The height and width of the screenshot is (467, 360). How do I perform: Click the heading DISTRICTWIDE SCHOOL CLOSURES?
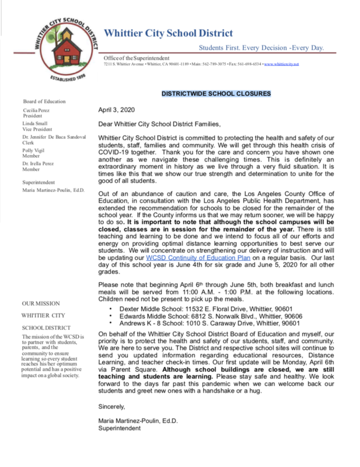point(216,94)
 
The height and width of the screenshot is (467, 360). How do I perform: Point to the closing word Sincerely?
point(111,406)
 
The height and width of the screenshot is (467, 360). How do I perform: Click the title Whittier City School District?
point(169,33)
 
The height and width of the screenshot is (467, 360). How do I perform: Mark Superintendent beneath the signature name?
point(120,428)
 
